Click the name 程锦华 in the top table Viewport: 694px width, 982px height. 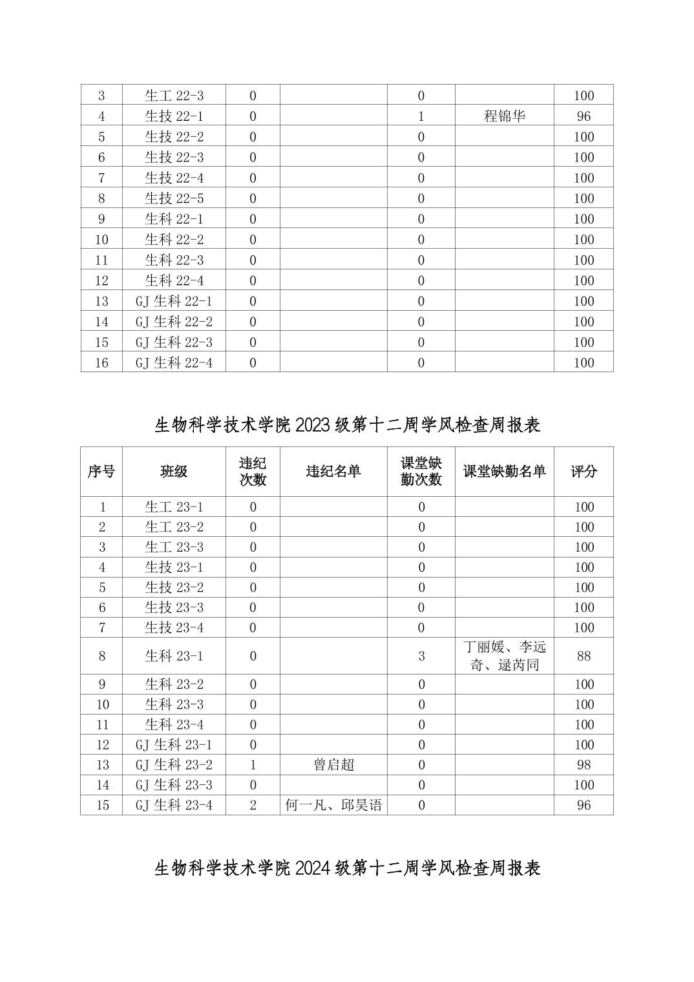click(x=504, y=116)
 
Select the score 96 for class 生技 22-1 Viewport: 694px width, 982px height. click(x=584, y=116)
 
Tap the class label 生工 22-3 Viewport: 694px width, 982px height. click(x=174, y=96)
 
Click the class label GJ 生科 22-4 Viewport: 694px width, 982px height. click(x=174, y=362)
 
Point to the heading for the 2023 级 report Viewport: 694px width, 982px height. click(x=347, y=424)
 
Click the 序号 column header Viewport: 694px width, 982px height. click(x=101, y=472)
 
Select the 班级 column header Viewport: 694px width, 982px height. click(x=174, y=472)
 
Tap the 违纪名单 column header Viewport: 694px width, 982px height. click(x=333, y=472)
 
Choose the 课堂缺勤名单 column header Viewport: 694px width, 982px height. click(x=504, y=472)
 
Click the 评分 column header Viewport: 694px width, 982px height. click(x=584, y=472)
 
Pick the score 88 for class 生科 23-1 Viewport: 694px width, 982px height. click(x=584, y=656)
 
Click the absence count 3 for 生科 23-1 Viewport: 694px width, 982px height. click(x=421, y=656)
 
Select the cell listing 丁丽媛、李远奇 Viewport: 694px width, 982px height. click(x=504, y=656)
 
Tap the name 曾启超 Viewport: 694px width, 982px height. click(x=333, y=765)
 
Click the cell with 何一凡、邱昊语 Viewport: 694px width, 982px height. click(x=333, y=805)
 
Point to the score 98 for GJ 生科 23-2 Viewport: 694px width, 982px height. click(x=584, y=765)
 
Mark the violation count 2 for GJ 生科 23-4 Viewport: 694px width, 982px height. click(x=253, y=805)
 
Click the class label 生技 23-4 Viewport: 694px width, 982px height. click(x=174, y=627)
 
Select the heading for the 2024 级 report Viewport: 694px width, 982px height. click(x=347, y=868)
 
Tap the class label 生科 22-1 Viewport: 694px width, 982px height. click(x=174, y=219)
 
